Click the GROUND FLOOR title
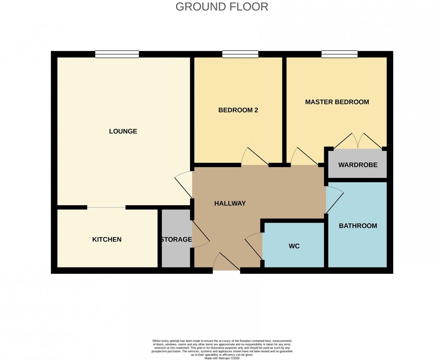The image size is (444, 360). point(222,7)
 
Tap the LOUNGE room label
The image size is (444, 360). point(123,131)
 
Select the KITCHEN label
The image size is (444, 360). point(107,239)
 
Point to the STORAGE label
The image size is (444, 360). point(176,239)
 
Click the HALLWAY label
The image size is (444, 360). point(230,203)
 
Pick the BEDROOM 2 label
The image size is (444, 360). point(238,110)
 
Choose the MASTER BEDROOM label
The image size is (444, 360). point(337,102)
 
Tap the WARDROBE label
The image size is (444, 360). point(358,165)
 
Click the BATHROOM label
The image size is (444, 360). point(358,226)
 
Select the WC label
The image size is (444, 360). point(294,246)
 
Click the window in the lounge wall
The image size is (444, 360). point(117,54)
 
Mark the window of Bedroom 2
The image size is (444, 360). point(240,54)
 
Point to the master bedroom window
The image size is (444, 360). point(339,54)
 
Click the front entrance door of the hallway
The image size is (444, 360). point(226,263)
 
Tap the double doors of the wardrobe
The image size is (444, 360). point(358,142)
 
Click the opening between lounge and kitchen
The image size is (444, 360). point(106,207)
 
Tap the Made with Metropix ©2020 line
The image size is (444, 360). point(222,358)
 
